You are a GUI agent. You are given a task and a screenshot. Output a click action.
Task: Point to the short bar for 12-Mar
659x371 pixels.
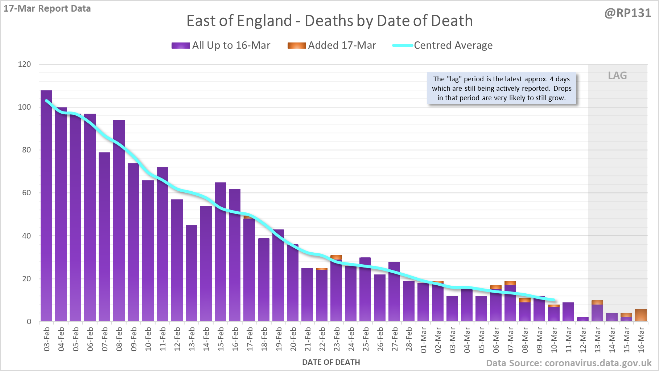(583, 319)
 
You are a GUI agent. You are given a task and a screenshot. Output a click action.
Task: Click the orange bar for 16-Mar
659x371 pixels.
(641, 315)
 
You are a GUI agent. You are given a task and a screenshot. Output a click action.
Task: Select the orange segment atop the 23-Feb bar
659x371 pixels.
(336, 257)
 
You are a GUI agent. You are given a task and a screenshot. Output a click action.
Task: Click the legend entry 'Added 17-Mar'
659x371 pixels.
(332, 45)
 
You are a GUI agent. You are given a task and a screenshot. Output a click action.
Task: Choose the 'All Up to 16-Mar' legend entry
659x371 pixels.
(221, 45)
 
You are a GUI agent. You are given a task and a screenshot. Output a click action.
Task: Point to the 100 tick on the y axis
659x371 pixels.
(25, 107)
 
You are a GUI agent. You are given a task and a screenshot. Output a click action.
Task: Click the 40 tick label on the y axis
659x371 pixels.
(26, 236)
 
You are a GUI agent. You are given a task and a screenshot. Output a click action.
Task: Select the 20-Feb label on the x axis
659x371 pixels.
(293, 339)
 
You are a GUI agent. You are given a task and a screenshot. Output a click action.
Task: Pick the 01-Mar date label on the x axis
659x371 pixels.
(423, 339)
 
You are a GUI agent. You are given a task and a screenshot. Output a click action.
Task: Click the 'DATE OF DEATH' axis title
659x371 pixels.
(331, 362)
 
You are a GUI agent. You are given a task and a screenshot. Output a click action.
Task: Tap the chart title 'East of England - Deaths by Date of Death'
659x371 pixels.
(329, 21)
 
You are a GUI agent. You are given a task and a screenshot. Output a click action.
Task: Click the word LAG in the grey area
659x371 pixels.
(617, 76)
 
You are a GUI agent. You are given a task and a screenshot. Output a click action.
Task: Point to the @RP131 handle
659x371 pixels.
(627, 13)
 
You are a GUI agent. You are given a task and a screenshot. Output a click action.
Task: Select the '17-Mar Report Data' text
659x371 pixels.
(47, 8)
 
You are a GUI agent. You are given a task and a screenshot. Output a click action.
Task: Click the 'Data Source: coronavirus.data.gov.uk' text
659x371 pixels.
(568, 363)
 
